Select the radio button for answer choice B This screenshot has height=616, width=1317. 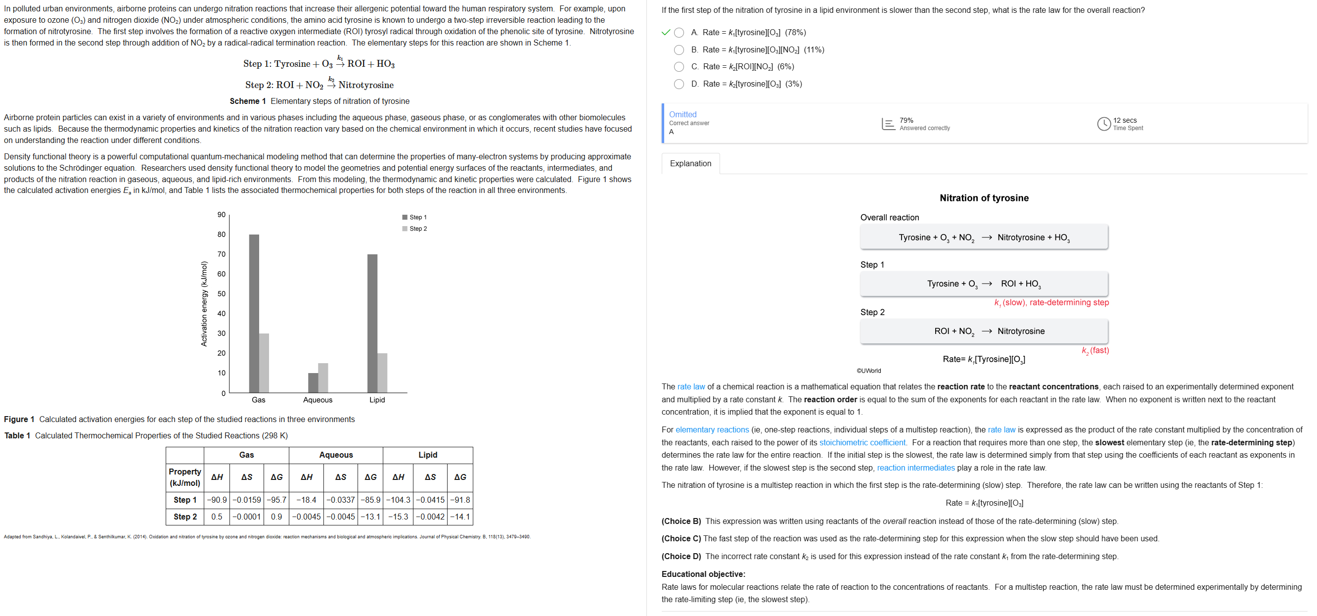pos(679,49)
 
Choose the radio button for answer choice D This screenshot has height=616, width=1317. pos(679,84)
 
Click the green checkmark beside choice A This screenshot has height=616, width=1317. pos(666,33)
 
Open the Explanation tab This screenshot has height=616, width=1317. pos(690,164)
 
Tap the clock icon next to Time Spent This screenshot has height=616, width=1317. pos(1104,124)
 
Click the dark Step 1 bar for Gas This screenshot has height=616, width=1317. pos(254,313)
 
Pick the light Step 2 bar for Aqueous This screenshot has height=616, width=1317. pos(323,378)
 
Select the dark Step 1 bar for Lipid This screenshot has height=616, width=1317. pos(372,324)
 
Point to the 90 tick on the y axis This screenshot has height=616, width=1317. pos(222,215)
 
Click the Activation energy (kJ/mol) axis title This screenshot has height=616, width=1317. pos(204,304)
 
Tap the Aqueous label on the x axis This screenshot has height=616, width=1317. pos(318,400)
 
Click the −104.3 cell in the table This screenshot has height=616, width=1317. pos(398,500)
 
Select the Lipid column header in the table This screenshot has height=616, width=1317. pos(427,455)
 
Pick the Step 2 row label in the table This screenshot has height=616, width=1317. pos(185,517)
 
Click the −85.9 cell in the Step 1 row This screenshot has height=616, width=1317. pos(370,500)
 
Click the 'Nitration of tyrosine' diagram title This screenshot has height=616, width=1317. pos(984,198)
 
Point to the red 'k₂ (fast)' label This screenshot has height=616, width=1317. pos(1095,350)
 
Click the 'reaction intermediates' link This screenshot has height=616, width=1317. pos(915,468)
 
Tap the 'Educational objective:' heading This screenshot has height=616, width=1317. pos(703,574)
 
